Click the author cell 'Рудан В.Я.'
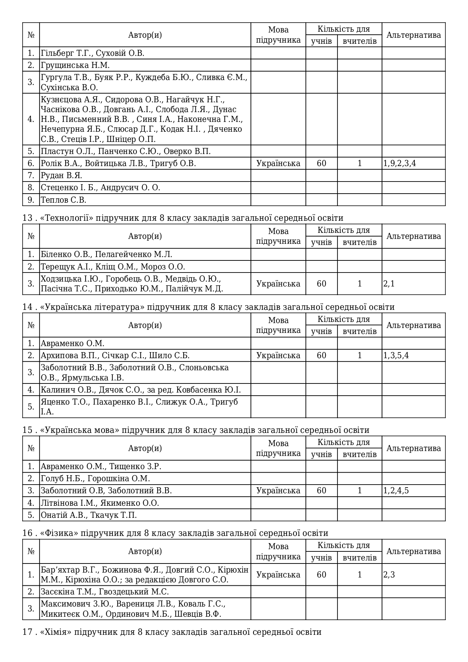click(61, 176)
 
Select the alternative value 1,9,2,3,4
click(400, 163)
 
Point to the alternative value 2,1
click(389, 284)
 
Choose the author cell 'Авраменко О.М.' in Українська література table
click(72, 343)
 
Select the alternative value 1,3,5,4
click(396, 356)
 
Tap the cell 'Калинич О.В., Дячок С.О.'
click(141, 390)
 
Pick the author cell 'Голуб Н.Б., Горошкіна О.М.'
click(95, 479)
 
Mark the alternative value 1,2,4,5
click(396, 491)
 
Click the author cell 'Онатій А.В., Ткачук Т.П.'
click(89, 515)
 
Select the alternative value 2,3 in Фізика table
click(389, 575)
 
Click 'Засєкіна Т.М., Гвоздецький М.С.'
click(105, 592)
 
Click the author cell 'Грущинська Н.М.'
click(75, 65)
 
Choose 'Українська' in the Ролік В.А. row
click(278, 163)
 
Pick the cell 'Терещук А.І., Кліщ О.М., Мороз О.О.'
click(113, 267)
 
